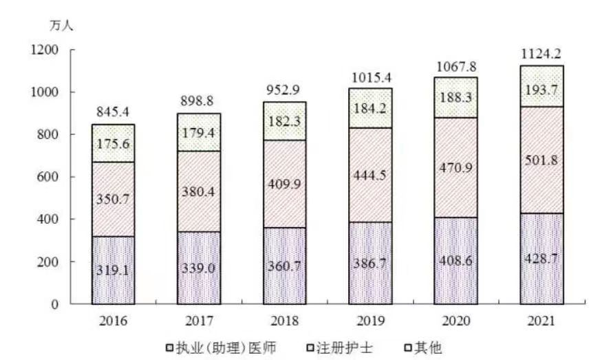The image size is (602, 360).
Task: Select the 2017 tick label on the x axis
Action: click(x=198, y=321)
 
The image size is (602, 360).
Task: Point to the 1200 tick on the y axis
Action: click(x=44, y=50)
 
